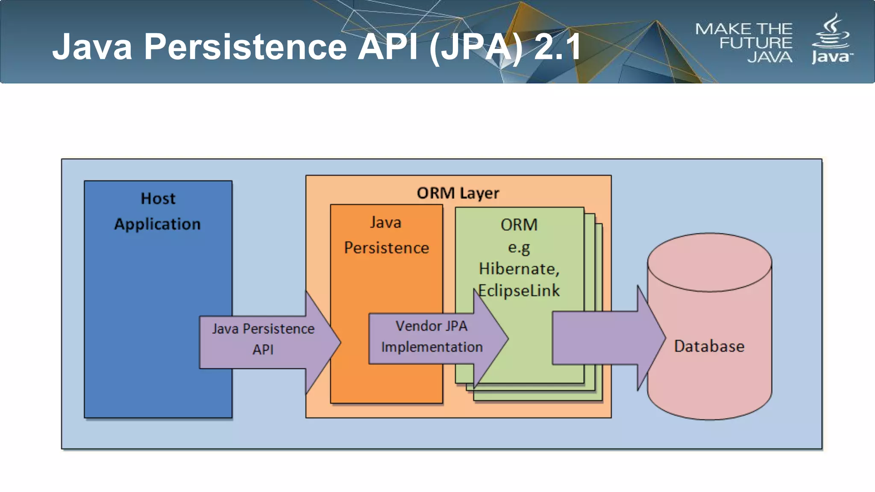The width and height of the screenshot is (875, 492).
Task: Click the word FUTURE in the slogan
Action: [x=755, y=43]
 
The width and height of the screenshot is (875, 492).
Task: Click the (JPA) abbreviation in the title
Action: [x=476, y=47]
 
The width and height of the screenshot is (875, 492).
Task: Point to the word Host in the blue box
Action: [x=158, y=199]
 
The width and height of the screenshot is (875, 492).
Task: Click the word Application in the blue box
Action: [x=157, y=224]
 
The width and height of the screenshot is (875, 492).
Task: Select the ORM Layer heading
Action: [x=458, y=193]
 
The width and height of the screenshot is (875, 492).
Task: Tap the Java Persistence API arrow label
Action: [x=263, y=339]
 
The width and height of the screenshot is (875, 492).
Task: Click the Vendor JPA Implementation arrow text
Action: [x=432, y=336]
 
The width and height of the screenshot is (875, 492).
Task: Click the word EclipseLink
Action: [x=519, y=291]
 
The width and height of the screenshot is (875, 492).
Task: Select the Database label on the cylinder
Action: [x=709, y=346]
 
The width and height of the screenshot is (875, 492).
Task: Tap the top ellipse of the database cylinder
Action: [x=709, y=262]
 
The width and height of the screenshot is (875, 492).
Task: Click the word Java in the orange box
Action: [x=385, y=223]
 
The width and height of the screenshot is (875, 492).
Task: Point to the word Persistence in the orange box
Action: [x=386, y=248]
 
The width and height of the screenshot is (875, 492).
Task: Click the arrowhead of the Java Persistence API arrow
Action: [x=323, y=342]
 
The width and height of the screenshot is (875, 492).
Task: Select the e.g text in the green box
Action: [x=519, y=247]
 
